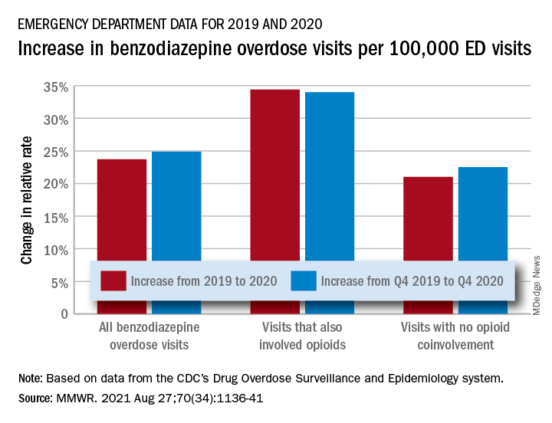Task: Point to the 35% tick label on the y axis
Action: coord(58,87)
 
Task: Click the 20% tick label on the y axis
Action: coord(58,185)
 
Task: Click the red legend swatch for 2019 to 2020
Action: coord(113,280)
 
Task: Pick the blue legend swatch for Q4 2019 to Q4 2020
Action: coord(304,280)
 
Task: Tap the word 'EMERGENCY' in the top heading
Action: coord(46,23)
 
